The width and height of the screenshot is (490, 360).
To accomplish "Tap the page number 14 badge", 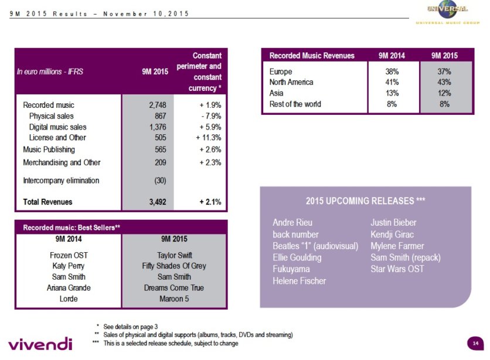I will click(x=475, y=342).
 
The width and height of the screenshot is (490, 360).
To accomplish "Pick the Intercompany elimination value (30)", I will click(x=159, y=181).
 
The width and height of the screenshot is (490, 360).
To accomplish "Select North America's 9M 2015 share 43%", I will click(x=444, y=82).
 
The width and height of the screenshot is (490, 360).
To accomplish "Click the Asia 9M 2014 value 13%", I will click(x=392, y=93).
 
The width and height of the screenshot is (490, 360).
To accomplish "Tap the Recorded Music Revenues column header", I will click(x=312, y=56).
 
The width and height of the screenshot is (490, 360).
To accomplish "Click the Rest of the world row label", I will click(x=295, y=104).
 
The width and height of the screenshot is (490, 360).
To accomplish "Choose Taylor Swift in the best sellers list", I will click(x=175, y=256).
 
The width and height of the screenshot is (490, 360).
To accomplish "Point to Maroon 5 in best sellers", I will click(x=175, y=298).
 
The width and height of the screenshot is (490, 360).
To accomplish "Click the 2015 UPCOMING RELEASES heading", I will click(x=365, y=201).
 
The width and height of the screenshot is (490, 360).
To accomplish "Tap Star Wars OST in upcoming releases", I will click(x=397, y=269).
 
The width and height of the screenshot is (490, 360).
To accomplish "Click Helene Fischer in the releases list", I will click(x=299, y=281).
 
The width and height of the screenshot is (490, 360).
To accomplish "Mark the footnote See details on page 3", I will click(x=130, y=326).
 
